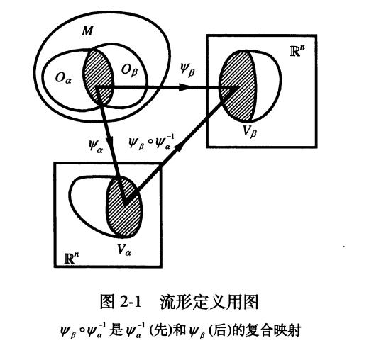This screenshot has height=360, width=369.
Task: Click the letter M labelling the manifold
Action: [x=88, y=30]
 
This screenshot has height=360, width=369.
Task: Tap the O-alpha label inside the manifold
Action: [x=63, y=78]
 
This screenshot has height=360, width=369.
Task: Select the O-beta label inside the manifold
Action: [x=130, y=70]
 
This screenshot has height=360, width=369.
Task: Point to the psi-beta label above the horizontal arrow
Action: [x=187, y=69]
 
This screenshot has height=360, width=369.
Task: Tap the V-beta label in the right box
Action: [x=250, y=131]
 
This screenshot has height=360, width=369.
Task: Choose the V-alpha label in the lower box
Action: [x=124, y=249]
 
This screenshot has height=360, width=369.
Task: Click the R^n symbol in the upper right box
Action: [x=297, y=50]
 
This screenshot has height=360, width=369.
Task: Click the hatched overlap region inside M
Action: [x=98, y=77]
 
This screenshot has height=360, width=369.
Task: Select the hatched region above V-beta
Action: [x=238, y=86]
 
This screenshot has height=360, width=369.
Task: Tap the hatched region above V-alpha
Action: [x=124, y=207]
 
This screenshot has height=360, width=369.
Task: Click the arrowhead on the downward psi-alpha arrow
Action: [x=109, y=141]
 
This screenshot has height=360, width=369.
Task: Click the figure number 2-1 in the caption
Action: [x=131, y=302]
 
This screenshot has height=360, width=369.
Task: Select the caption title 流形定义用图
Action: [x=209, y=302]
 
